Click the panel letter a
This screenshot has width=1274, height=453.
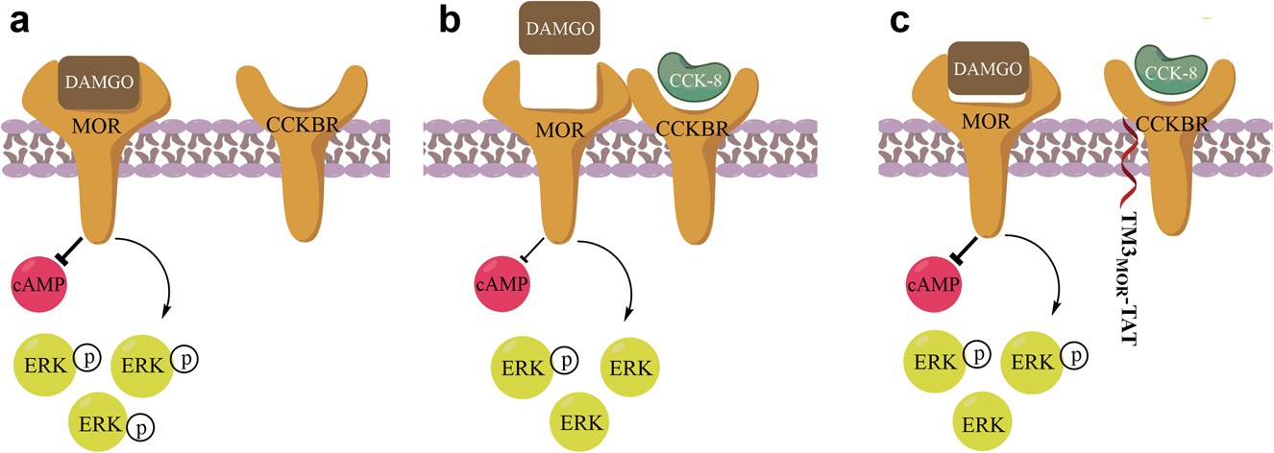(20, 21)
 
